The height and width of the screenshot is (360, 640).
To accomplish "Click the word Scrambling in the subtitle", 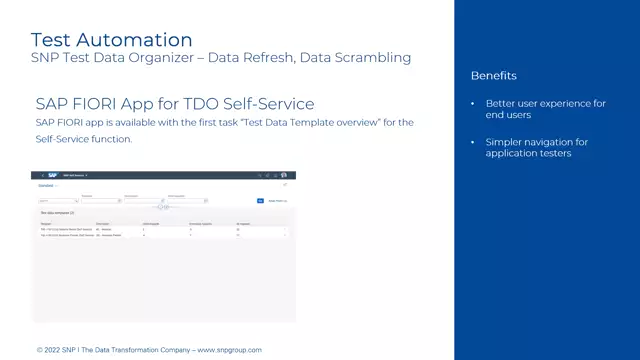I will pyautogui.click(x=371, y=58).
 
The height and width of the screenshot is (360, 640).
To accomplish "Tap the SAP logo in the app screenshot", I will pyautogui.click(x=52, y=175).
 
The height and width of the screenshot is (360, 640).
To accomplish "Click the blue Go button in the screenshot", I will pyautogui.click(x=260, y=201).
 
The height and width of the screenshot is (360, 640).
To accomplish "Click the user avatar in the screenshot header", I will pyautogui.click(x=284, y=175).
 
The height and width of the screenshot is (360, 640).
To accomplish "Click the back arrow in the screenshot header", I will pyautogui.click(x=41, y=175).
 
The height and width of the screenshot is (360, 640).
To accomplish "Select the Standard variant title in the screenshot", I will pyautogui.click(x=45, y=186).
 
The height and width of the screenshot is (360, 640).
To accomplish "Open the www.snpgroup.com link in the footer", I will pyautogui.click(x=229, y=350).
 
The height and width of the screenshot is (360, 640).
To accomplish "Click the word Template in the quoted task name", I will pyautogui.click(x=318, y=122).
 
